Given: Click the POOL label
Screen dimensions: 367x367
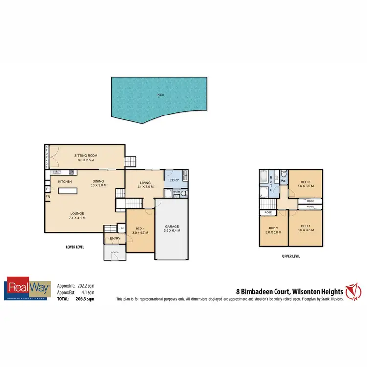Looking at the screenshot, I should click(x=160, y=96).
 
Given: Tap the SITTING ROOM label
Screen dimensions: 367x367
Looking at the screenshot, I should click(x=86, y=155).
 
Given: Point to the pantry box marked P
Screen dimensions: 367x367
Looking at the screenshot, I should click(x=47, y=189).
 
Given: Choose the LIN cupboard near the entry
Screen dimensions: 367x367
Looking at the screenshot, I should click(x=121, y=229).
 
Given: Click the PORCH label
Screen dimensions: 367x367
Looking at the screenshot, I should click(x=115, y=252).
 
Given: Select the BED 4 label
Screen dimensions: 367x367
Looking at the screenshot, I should click(x=140, y=229).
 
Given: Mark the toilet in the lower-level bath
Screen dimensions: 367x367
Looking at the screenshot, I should click(x=183, y=195).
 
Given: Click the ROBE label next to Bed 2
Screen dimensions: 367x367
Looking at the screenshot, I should click(x=268, y=212).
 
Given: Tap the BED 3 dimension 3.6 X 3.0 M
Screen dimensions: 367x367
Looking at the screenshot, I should click(x=306, y=186).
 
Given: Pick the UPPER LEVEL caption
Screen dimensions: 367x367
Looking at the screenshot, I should click(x=291, y=256).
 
